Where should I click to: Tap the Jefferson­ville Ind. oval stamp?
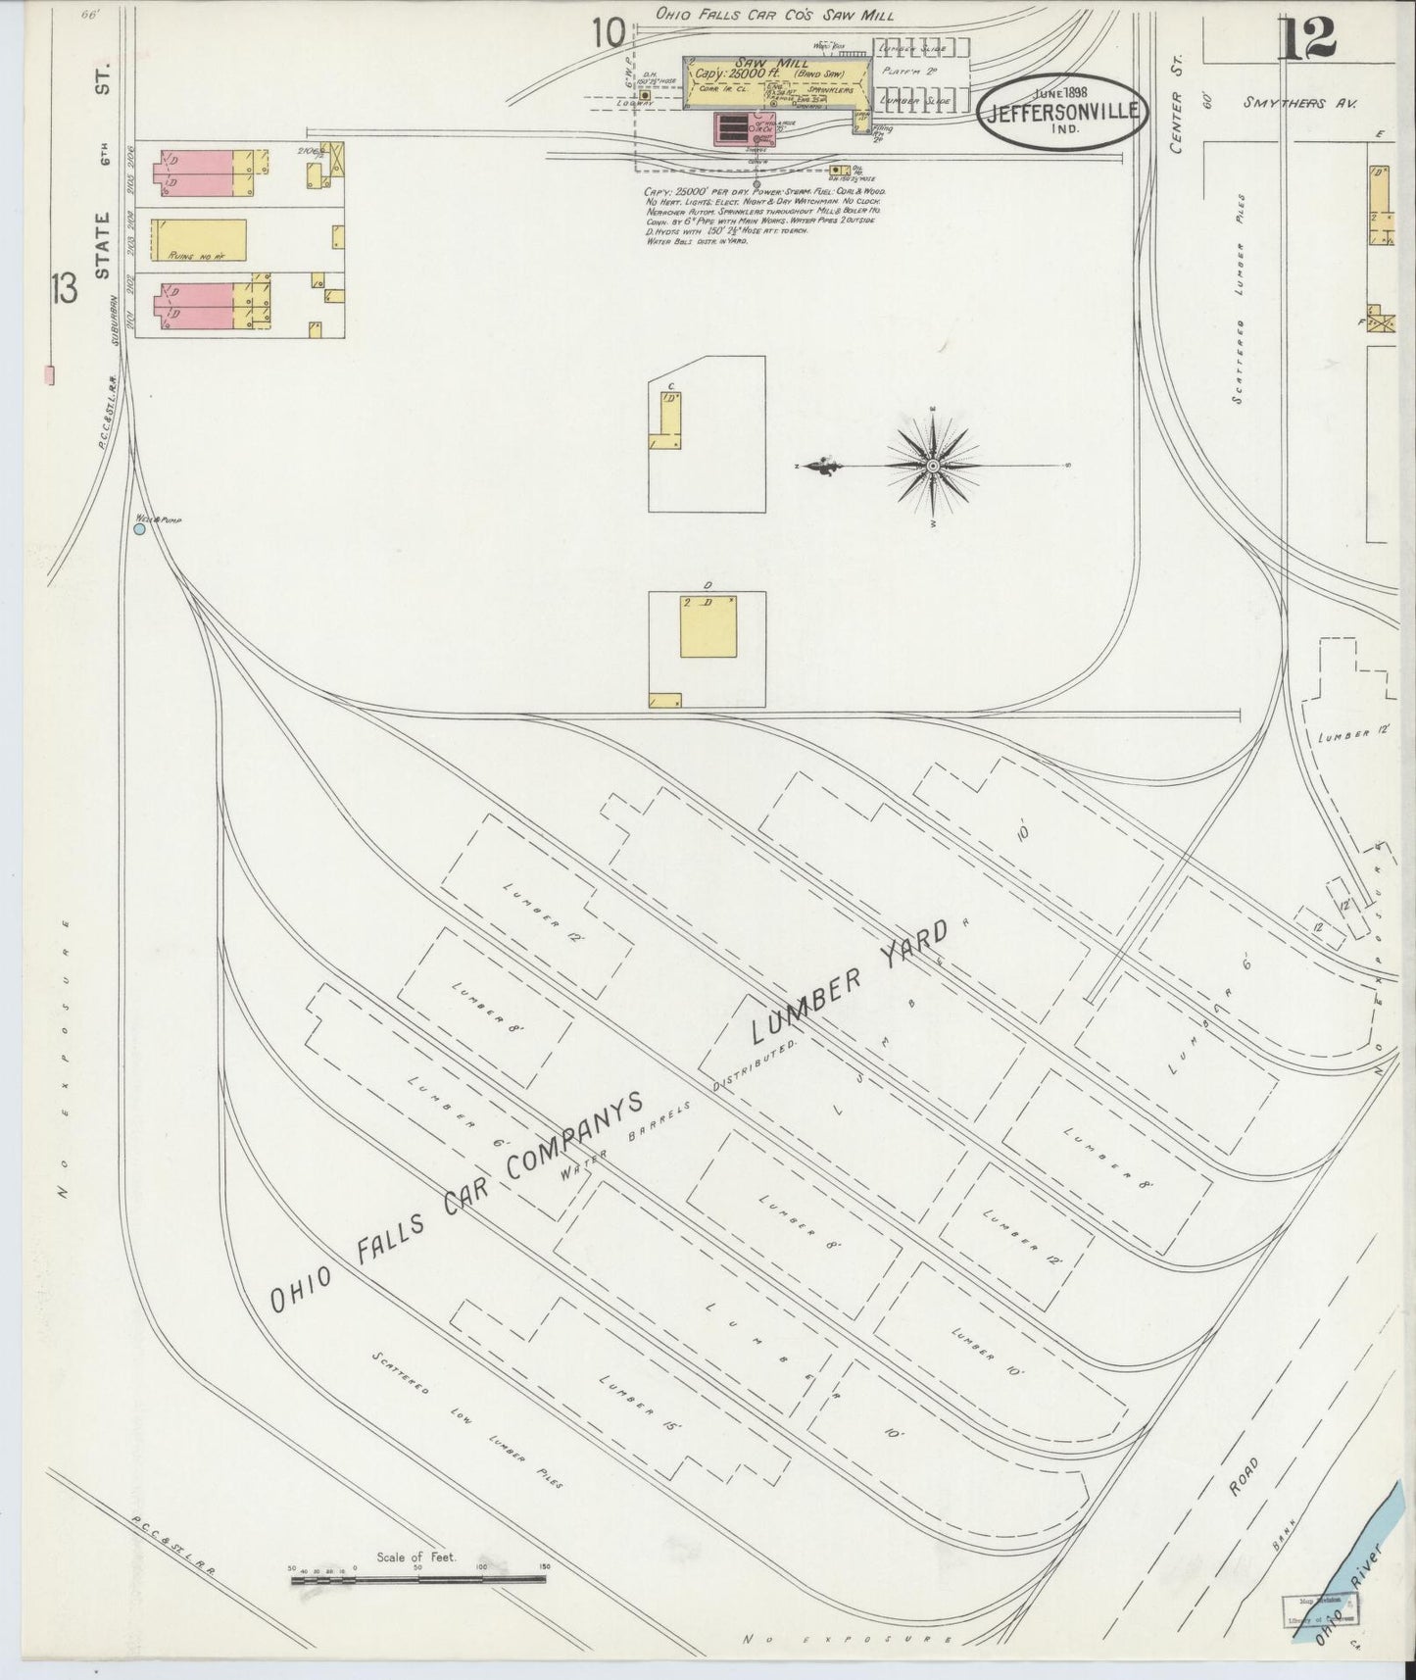click(1062, 112)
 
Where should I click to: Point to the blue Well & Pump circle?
click(139, 528)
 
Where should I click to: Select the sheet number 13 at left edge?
click(65, 290)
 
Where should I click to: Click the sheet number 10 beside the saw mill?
click(608, 34)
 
